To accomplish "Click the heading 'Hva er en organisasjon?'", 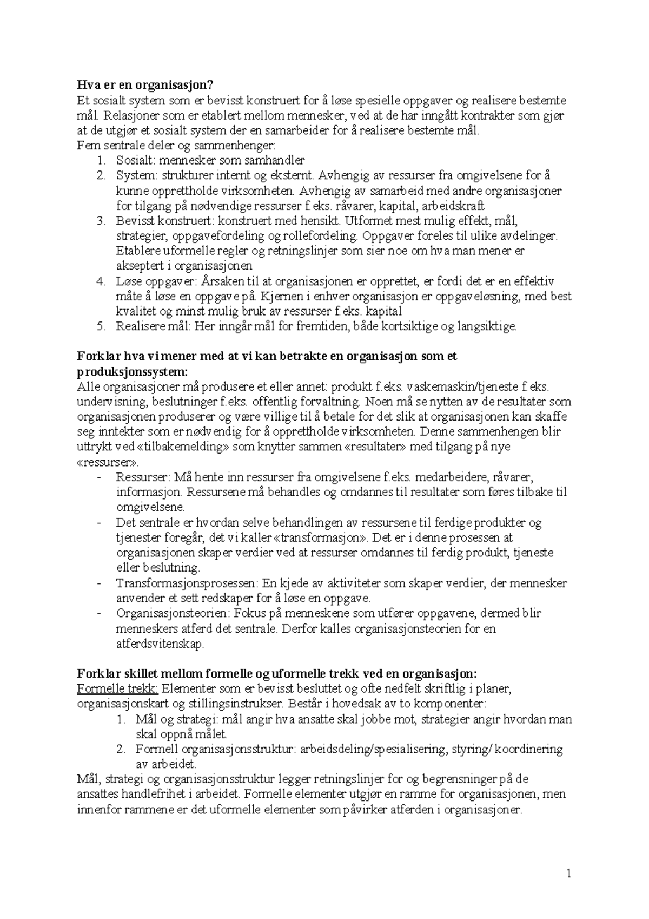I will click(x=145, y=85).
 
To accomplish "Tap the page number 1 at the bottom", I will click(x=568, y=874).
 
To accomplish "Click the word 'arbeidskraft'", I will click(x=454, y=206).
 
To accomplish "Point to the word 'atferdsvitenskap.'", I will click(x=161, y=644).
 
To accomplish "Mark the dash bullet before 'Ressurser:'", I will click(x=98, y=477).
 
